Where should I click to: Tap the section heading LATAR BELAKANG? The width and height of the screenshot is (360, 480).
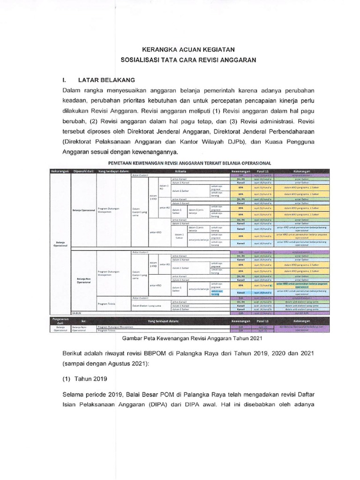click(106, 80)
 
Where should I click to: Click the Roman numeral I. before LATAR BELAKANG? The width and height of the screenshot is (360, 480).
click(65, 80)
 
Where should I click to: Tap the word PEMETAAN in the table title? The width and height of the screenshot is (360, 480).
click(125, 163)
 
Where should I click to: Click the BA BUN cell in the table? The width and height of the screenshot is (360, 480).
click(76, 312)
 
